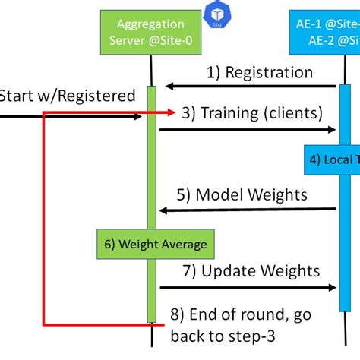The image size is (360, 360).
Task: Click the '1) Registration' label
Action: point(259,73)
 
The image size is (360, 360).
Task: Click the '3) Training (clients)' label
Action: point(251,113)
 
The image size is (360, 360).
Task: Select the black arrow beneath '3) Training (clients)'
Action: point(248,130)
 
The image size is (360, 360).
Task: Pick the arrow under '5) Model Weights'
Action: point(248,210)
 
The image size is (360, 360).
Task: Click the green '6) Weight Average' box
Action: point(155,244)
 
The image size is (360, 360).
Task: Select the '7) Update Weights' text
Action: point(251,270)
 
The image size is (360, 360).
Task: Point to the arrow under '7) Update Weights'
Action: point(248,288)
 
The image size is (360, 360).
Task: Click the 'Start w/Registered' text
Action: point(67,96)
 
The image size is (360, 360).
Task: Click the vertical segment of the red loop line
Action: point(43,220)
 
